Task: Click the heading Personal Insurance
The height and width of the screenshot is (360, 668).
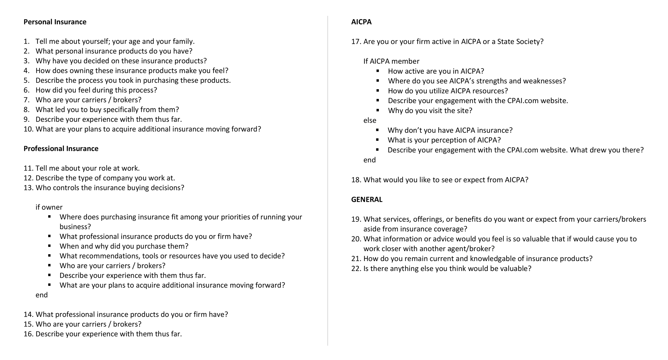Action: (x=55, y=22)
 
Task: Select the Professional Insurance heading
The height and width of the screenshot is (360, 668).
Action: (x=61, y=149)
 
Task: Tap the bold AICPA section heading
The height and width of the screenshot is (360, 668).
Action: (x=361, y=22)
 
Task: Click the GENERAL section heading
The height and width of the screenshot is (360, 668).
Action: (x=367, y=199)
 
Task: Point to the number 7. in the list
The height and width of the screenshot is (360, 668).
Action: (x=27, y=100)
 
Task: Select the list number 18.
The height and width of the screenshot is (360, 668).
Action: (x=356, y=180)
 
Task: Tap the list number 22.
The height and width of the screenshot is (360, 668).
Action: (x=356, y=269)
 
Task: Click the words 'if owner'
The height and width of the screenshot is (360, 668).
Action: (x=49, y=207)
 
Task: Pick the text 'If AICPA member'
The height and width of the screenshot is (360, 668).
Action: (x=391, y=61)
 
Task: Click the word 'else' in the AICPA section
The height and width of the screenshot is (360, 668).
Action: (x=370, y=121)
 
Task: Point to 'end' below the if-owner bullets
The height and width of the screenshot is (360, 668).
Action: (x=42, y=295)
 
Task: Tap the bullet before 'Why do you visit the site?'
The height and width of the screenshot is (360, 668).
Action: (x=378, y=110)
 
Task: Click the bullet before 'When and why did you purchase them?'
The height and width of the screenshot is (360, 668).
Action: (x=49, y=246)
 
